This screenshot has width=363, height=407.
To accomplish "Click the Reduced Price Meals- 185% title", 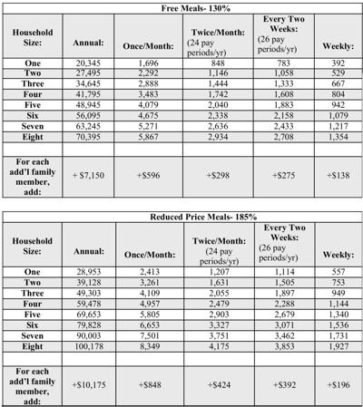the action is (x=181, y=218).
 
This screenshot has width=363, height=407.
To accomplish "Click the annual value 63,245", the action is (x=83, y=151).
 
